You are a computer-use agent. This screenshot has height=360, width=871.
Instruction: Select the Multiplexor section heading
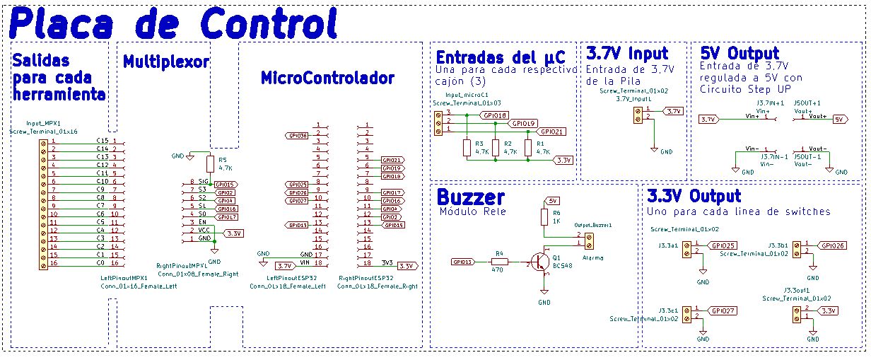click(165, 62)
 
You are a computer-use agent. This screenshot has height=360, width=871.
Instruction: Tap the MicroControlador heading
click(327, 77)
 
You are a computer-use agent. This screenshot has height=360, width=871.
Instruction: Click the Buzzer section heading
click(471, 197)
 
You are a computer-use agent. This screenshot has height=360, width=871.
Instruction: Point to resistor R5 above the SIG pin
click(210, 164)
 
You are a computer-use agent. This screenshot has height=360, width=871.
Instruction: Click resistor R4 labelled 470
click(499, 262)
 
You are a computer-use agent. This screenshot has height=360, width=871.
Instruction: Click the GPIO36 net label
click(296, 134)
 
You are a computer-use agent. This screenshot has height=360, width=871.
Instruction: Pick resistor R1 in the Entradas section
click(528, 147)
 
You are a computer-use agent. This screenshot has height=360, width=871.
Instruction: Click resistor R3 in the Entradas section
click(467, 147)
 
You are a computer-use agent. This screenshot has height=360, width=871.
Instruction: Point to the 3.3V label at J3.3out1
click(828, 310)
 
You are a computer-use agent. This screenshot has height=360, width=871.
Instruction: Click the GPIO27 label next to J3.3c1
click(724, 310)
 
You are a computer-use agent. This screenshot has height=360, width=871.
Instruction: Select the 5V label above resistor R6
click(553, 201)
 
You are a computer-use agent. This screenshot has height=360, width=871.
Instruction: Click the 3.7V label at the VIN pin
click(285, 266)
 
